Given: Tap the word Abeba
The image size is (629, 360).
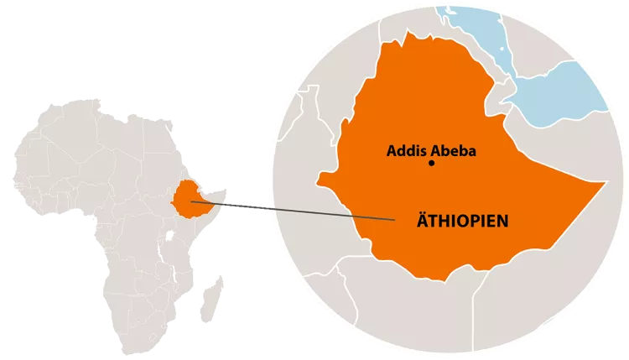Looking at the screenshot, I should tap(453, 152).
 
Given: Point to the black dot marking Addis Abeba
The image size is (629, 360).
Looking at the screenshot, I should tap(431, 164).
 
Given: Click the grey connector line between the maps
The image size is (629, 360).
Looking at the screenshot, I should tap(294, 211).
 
